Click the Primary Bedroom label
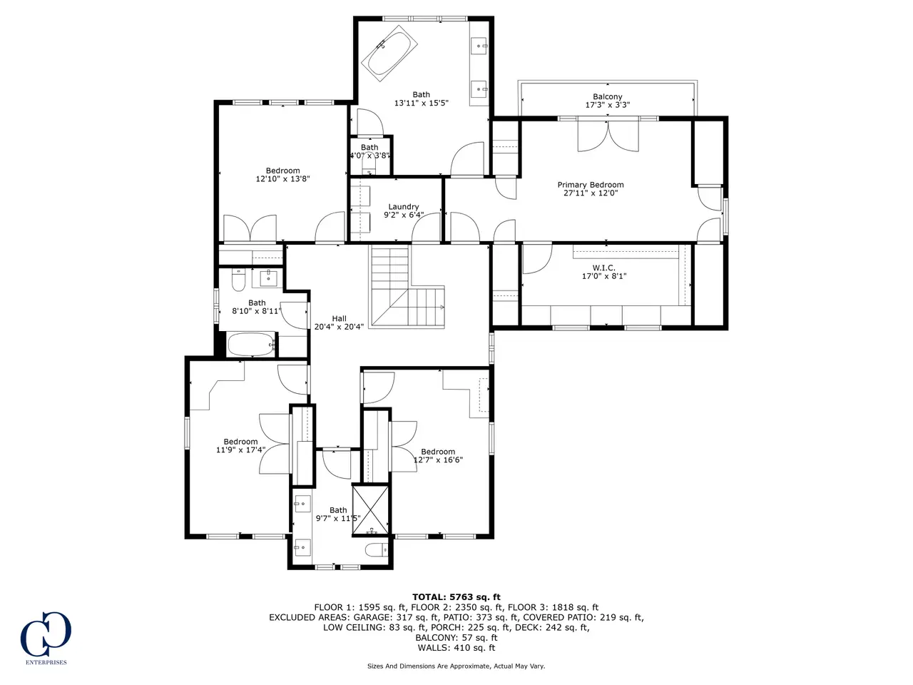tap(590, 185)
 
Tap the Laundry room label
tap(403, 207)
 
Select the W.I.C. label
tap(603, 268)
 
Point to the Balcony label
tap(607, 96)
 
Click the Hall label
tap(339, 318)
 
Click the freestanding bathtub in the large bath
tap(389, 54)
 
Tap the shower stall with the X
tap(370, 509)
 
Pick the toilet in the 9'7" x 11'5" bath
tap(377, 550)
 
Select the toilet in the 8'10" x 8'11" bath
tap(239, 280)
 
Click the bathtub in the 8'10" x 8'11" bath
tap(251, 344)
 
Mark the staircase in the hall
tap(407, 287)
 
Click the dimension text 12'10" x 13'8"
tap(283, 179)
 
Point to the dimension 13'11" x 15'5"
tap(422, 103)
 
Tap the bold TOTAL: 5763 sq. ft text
tap(456, 598)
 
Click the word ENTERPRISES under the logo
tap(46, 662)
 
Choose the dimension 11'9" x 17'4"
tap(240, 450)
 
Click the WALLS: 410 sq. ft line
tap(456, 648)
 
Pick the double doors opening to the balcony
tap(608, 136)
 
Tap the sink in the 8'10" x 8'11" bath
tap(268, 278)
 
